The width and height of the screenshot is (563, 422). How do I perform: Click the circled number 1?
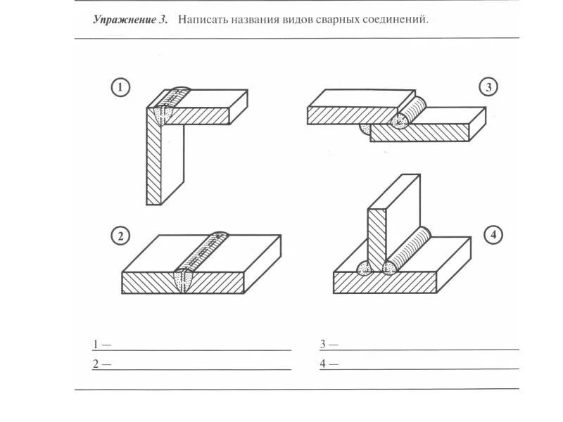[120, 88]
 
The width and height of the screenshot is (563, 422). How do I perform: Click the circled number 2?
[120, 236]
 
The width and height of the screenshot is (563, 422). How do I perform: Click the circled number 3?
[489, 87]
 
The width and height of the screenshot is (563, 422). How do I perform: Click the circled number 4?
[494, 235]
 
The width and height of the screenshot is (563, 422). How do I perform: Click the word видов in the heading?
[299, 20]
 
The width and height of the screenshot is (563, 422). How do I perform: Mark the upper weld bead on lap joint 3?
[410, 111]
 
